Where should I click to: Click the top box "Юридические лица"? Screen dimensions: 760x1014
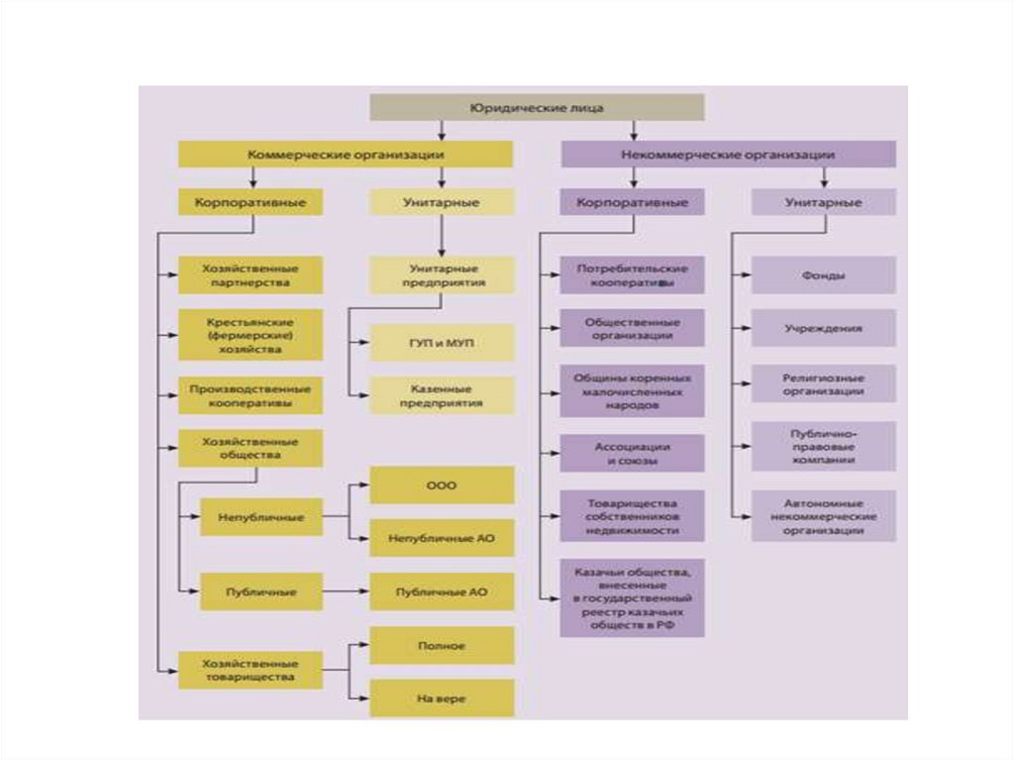(x=537, y=107)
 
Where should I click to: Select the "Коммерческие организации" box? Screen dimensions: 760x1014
(x=346, y=155)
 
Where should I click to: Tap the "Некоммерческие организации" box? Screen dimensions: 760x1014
(x=729, y=155)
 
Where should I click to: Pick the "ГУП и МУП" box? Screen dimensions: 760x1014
(x=442, y=342)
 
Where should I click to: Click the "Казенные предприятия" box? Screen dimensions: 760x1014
(x=442, y=395)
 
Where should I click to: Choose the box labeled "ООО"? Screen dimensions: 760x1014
(x=442, y=486)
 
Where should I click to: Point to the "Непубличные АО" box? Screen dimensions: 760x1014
(x=442, y=538)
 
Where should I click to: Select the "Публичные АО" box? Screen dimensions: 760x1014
(x=442, y=592)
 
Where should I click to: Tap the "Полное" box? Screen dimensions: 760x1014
(x=442, y=645)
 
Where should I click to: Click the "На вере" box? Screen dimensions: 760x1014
(x=442, y=699)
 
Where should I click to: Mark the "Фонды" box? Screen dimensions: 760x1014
(x=824, y=275)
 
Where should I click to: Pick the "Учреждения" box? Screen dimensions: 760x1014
(x=824, y=327)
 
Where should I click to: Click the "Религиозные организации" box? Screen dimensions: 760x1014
(x=824, y=383)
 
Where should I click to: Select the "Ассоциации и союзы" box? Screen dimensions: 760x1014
(x=633, y=453)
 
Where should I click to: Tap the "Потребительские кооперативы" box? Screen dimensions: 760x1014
(x=633, y=274)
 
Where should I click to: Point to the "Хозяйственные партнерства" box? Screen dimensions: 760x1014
(x=251, y=274)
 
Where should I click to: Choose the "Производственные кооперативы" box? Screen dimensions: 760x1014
(x=251, y=395)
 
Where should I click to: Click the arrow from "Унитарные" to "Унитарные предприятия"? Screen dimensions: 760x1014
(x=442, y=236)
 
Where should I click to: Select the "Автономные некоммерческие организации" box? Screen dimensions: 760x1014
(x=824, y=515)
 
